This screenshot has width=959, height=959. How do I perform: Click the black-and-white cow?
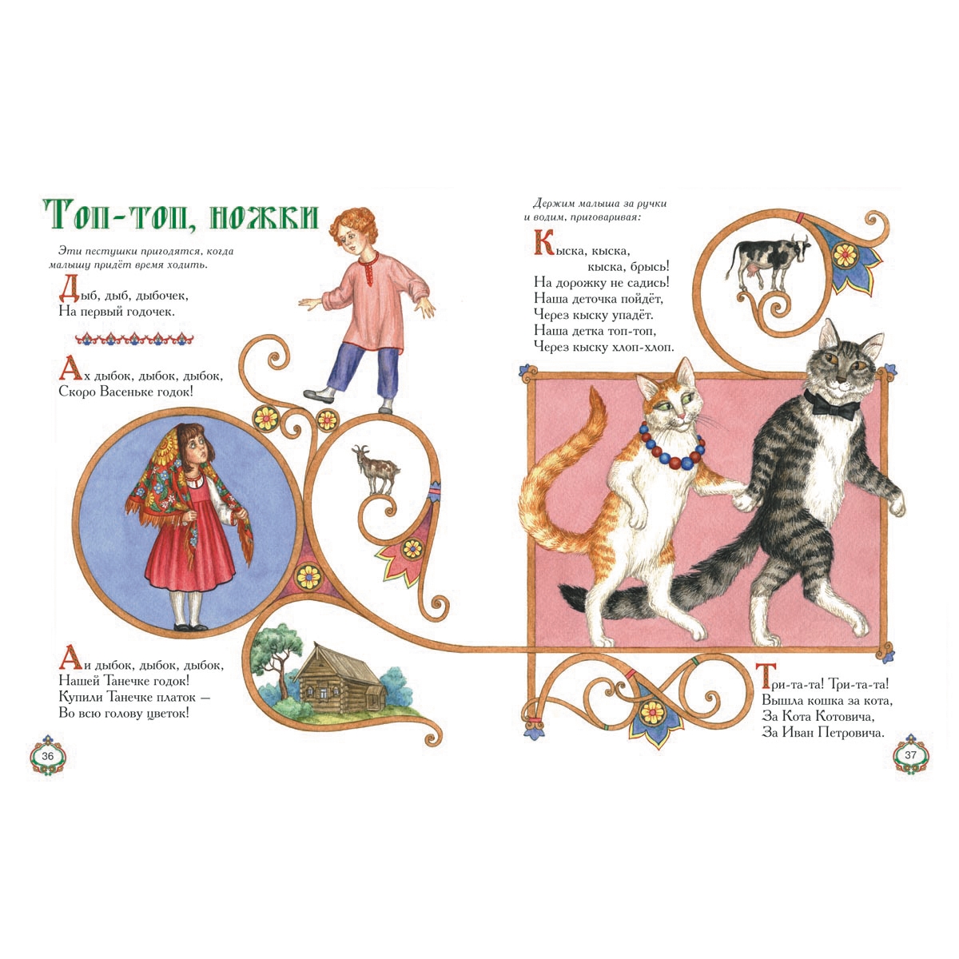coord(767,261)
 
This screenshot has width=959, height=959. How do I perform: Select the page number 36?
coord(48,756)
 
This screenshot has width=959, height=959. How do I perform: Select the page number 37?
coord(910,755)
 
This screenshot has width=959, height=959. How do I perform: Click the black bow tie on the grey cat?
coord(832,406)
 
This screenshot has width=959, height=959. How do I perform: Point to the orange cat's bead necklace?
coord(671,448)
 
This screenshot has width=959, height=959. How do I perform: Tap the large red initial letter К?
coord(544,242)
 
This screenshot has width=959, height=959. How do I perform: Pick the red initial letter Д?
coord(70,288)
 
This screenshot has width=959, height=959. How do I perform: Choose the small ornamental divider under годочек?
coord(134,339)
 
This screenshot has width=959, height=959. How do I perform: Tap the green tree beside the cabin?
coord(276,657)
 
